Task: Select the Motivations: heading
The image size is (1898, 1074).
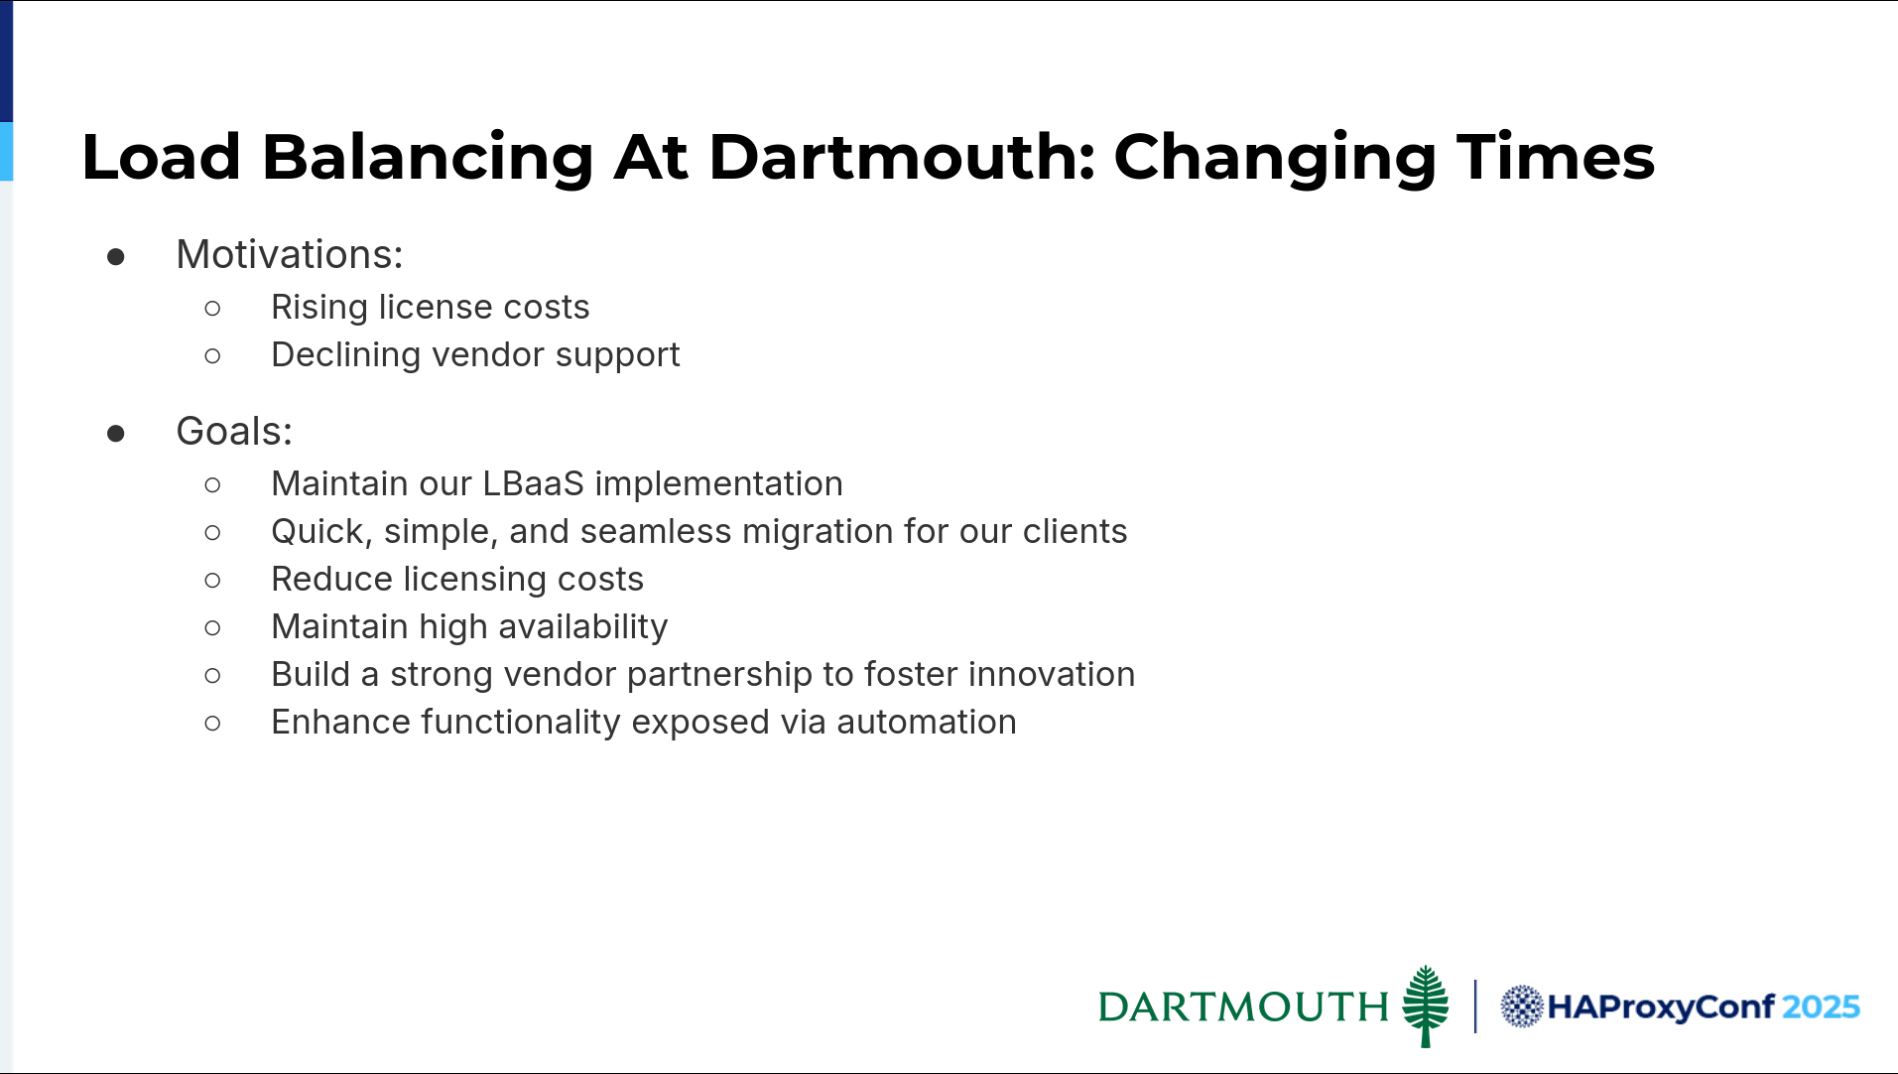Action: (290, 255)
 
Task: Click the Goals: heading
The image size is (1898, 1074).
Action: (234, 432)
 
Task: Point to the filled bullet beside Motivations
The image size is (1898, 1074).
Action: (116, 258)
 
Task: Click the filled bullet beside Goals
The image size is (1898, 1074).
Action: (116, 434)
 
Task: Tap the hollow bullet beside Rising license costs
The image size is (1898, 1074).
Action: (212, 309)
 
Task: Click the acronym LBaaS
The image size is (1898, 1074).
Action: (534, 483)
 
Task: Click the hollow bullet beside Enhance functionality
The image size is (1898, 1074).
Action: (212, 724)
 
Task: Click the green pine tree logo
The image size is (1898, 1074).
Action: (1426, 1006)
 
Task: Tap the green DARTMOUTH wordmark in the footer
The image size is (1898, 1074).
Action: (1243, 1007)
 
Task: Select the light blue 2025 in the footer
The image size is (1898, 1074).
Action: (1821, 1007)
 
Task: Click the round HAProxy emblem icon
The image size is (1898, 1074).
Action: (1522, 1007)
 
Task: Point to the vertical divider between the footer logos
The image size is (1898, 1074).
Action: (1475, 1007)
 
